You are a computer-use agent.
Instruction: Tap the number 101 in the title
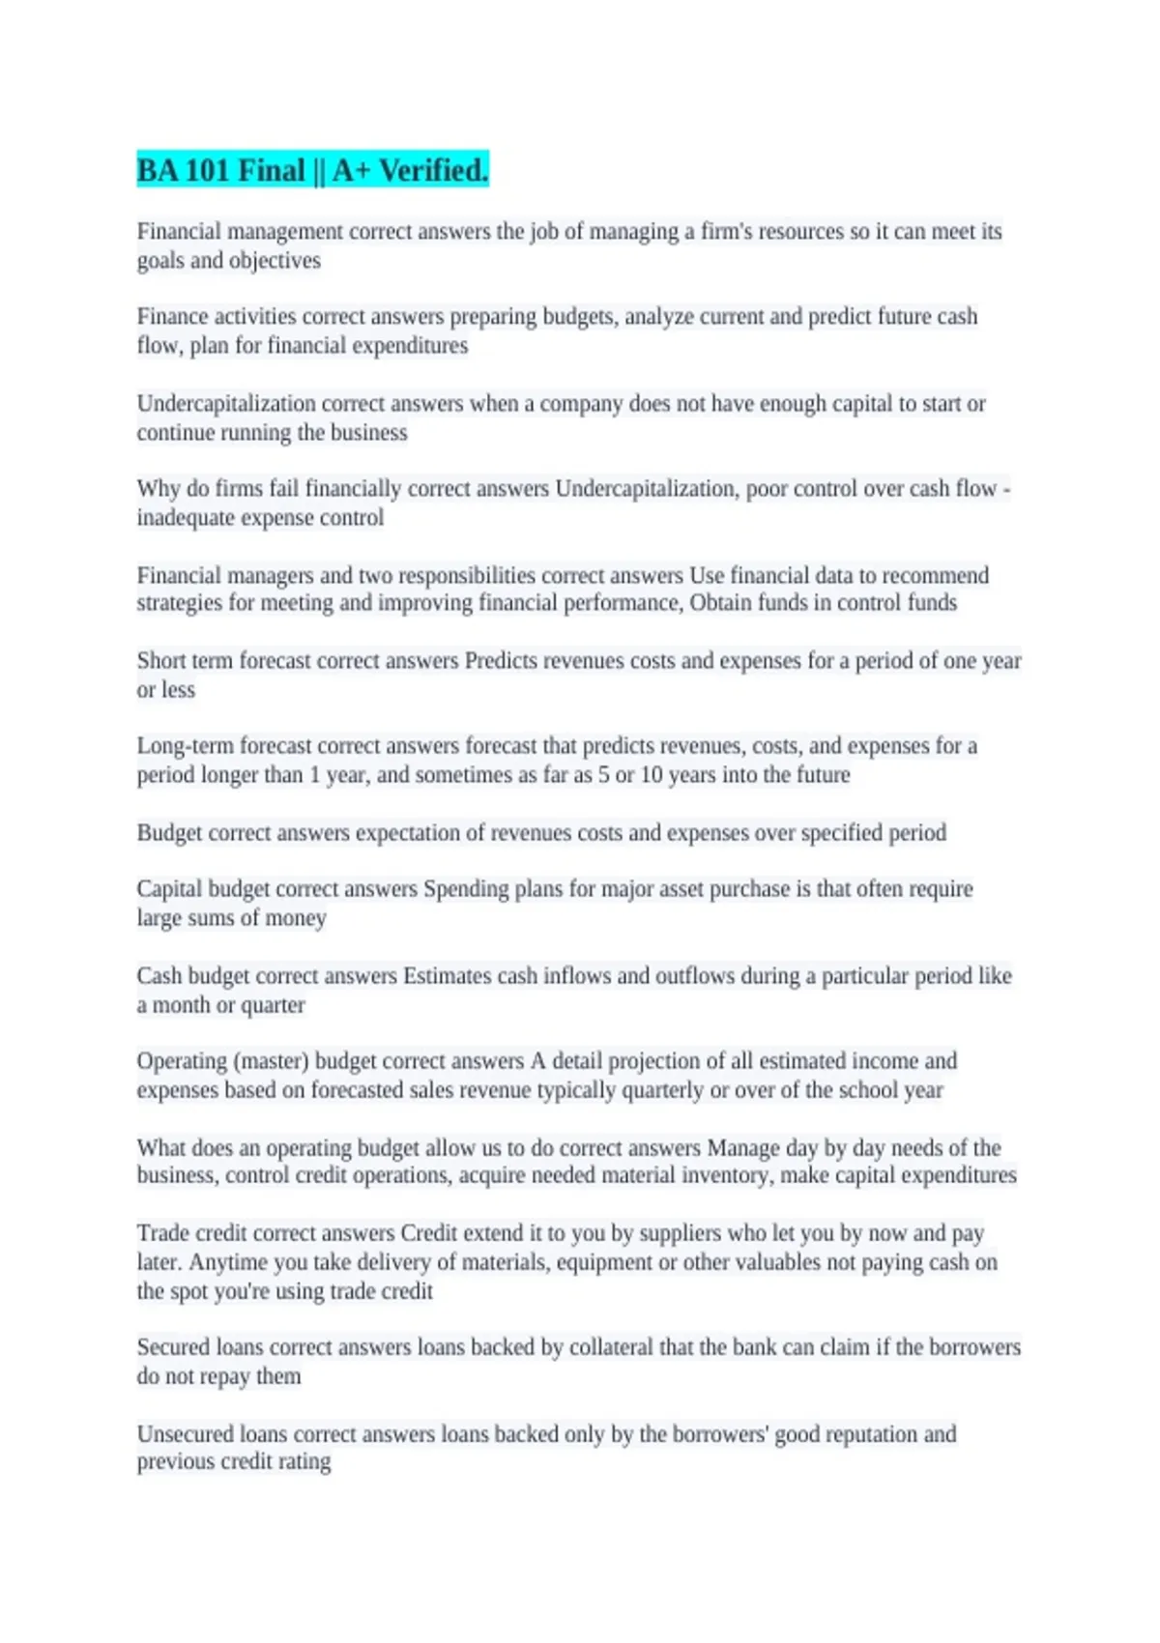pos(206,171)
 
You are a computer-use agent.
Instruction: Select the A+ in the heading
pos(351,171)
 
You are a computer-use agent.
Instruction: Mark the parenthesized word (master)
pos(271,1061)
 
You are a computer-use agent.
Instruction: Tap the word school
pos(868,1090)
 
